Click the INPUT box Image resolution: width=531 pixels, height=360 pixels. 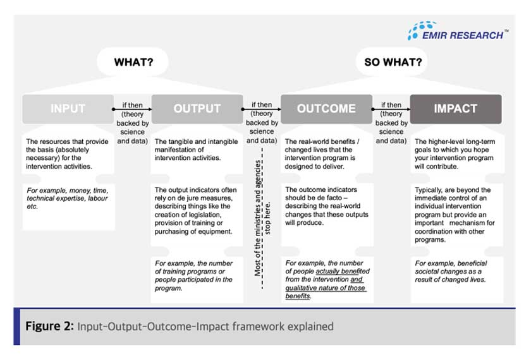click(67, 109)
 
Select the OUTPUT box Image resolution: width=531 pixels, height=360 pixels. click(197, 109)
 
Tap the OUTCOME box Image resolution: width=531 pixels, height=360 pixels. click(326, 109)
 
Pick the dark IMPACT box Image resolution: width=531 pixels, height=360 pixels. click(455, 109)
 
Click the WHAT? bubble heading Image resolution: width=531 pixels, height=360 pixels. click(133, 63)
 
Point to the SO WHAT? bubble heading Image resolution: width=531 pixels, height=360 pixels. click(393, 63)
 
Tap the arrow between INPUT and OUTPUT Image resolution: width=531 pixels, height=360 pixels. click(133, 109)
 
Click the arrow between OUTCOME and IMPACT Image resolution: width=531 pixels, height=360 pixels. click(392, 109)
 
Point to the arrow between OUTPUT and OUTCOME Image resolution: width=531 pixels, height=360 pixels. click(262, 109)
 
